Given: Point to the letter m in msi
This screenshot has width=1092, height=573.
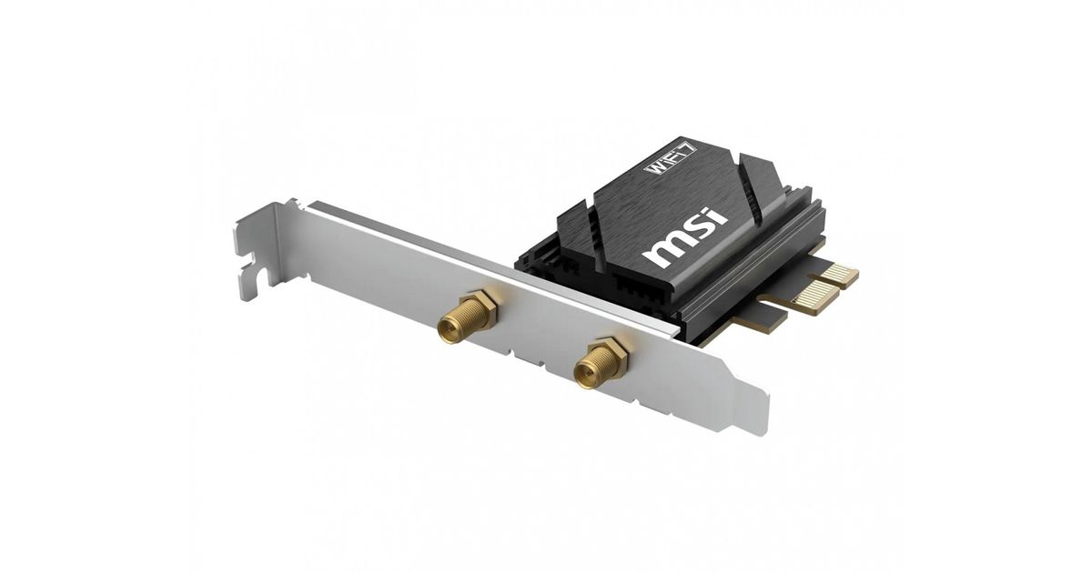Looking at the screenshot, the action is click(x=664, y=250).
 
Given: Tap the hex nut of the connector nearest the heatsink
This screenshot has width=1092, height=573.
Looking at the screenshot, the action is click(x=613, y=356).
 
